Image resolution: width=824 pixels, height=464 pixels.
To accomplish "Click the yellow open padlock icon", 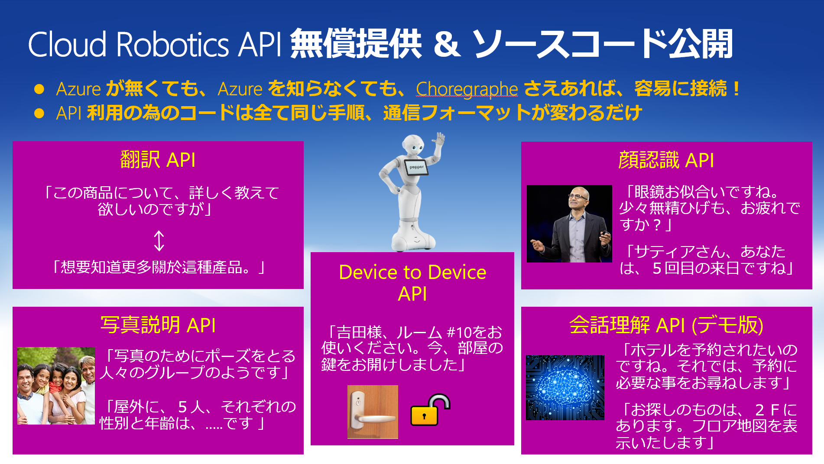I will coord(430,410).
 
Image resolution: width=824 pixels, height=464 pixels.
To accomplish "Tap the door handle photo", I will coord(373,412).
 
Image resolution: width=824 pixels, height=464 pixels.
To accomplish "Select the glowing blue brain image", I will coord(565,387).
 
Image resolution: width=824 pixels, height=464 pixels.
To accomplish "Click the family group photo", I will coord(56,386).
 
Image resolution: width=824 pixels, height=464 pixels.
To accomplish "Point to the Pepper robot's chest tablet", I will coord(417,167).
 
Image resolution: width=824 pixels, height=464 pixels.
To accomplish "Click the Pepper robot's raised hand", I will coord(440,140).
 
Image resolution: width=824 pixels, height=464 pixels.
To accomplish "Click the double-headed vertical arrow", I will coord(159,241).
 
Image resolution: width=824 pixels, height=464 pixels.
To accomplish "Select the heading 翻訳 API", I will coord(158,160).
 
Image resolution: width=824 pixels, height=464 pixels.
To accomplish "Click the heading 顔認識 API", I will coord(666,160).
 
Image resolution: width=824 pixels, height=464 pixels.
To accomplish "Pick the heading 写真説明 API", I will coord(158,325).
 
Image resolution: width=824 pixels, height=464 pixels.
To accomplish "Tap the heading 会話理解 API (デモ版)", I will coord(666,325).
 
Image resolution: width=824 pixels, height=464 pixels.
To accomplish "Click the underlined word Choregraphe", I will coord(467,89).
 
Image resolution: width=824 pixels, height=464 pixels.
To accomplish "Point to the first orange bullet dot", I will coord(39,89).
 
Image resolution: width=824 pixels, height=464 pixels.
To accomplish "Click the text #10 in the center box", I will coord(459,332).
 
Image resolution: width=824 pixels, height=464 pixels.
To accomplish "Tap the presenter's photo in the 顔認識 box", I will coord(569,224).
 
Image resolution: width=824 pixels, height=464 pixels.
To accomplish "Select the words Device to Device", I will coord(412,273).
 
